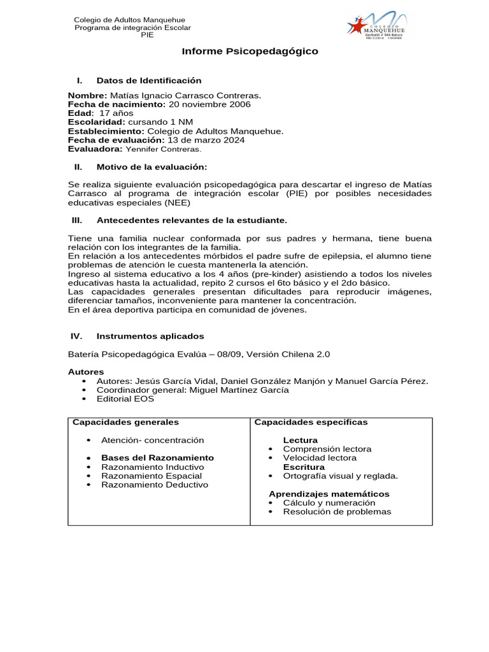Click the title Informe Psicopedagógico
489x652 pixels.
[x=250, y=51]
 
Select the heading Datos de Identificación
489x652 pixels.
[x=148, y=80]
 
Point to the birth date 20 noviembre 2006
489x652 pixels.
[x=209, y=104]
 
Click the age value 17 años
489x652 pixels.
[x=117, y=113]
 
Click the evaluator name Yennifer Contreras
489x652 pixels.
[x=163, y=149]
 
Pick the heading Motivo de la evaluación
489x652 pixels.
[x=152, y=167]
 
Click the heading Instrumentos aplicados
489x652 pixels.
[x=150, y=336]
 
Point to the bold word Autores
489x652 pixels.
[x=86, y=372]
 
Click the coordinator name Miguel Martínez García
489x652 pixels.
[x=239, y=390]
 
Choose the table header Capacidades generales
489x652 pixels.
[x=125, y=422]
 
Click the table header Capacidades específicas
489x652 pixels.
[x=311, y=422]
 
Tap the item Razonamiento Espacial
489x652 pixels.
[x=152, y=476]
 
